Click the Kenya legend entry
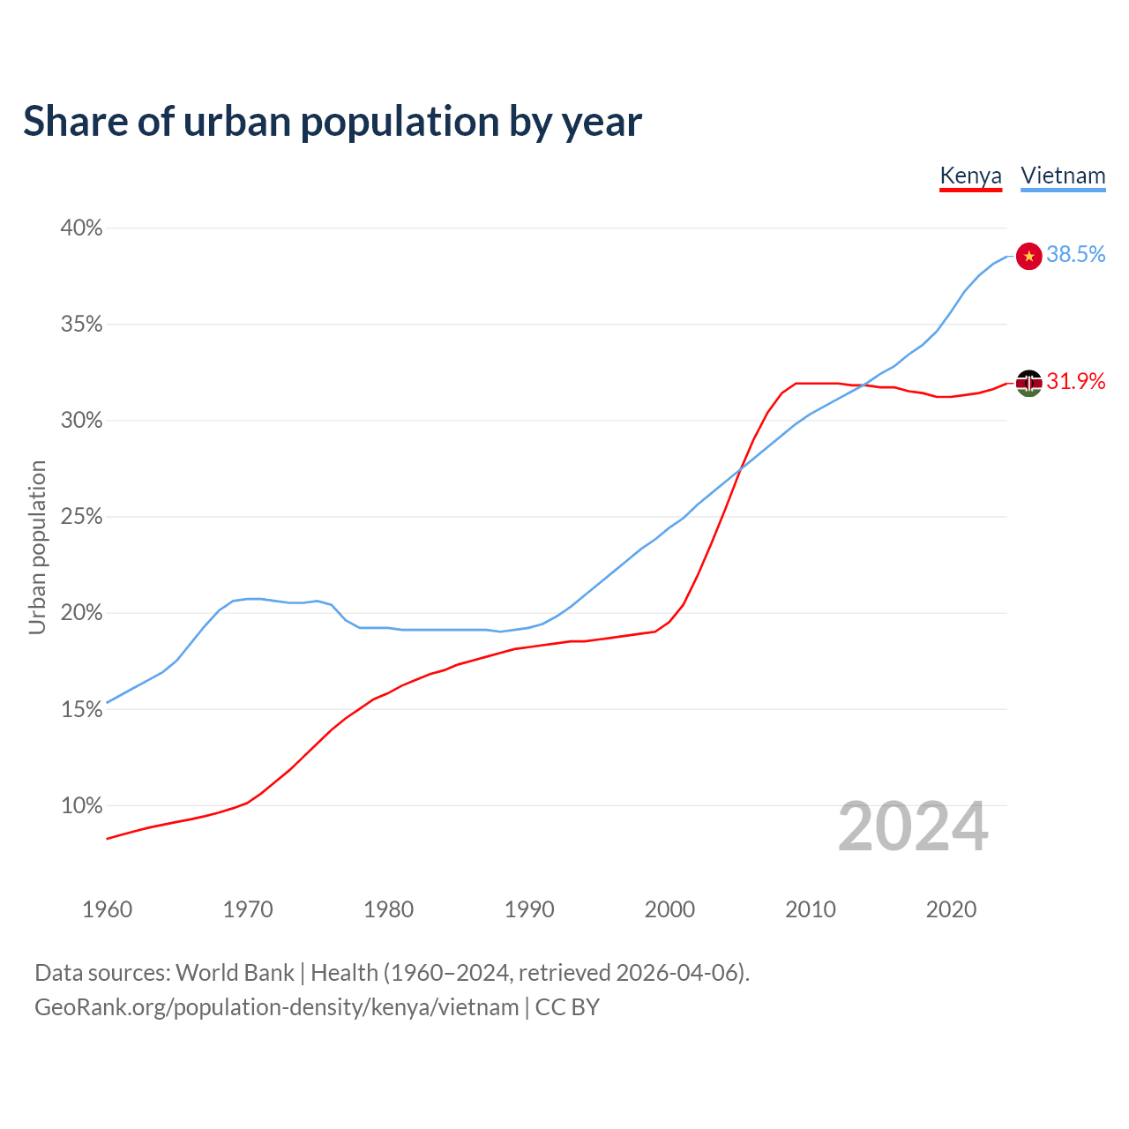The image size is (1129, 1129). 970,176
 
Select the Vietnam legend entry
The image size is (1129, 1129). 1063,176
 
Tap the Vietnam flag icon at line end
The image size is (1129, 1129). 1029,256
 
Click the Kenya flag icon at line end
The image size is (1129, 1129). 1029,383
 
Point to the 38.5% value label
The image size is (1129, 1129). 1076,255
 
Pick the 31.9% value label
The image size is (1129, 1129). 1076,381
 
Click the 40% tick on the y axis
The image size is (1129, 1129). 81,228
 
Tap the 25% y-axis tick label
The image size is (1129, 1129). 81,517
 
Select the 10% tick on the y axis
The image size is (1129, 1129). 81,805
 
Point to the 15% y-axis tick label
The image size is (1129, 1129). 81,709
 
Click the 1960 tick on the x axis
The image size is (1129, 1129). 107,909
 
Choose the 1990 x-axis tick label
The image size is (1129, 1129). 529,909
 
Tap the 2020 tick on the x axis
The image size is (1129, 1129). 951,909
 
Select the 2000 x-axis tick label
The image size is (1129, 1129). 669,909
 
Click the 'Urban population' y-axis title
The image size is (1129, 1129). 37,547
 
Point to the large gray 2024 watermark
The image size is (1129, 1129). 913,826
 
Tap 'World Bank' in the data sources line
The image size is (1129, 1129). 235,973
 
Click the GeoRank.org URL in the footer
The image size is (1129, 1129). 276,1007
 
